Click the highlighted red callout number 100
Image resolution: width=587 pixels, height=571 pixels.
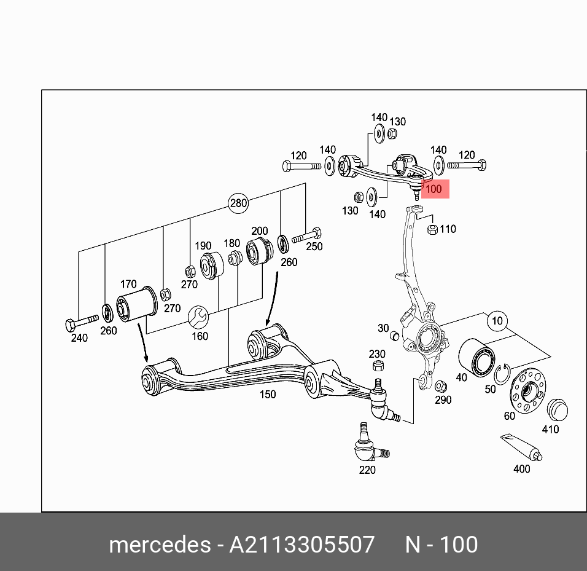(x=433, y=189)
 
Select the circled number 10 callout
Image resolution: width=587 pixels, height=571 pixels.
(x=497, y=321)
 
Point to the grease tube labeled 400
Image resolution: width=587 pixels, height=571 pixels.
(x=521, y=447)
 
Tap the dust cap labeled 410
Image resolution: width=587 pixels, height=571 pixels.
(x=557, y=409)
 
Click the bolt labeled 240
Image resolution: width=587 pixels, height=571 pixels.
(x=80, y=321)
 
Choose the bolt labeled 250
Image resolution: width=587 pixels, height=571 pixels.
(x=307, y=235)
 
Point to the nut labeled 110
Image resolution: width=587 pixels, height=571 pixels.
(x=432, y=230)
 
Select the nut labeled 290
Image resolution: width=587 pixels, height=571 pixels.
(x=440, y=386)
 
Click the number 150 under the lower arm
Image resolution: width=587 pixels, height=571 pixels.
(x=268, y=394)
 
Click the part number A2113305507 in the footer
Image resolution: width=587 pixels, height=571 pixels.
(x=301, y=545)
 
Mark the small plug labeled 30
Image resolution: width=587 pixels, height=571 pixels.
(x=395, y=337)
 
